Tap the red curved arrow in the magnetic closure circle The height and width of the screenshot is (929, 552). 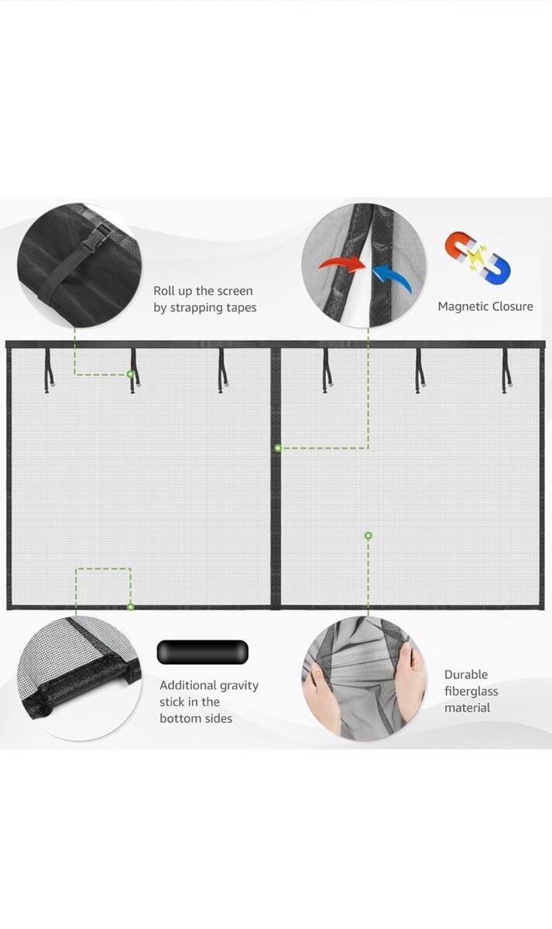pos(342,264)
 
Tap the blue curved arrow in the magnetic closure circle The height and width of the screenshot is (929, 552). pos(392,278)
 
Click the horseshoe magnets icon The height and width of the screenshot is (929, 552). pos(477,257)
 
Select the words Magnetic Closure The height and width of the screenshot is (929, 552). pos(485,307)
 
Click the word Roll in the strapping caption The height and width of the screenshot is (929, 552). pos(163,291)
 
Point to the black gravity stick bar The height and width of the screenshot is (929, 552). pos(203,652)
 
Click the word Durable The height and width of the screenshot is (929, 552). pos(466,675)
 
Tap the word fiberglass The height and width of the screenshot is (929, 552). pos(471,691)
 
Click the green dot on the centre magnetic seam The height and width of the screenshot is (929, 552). pos(278,448)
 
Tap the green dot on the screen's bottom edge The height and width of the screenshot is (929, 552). pos(130,607)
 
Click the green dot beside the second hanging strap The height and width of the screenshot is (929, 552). pos(130,374)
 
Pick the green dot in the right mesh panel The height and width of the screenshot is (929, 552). pos(368,536)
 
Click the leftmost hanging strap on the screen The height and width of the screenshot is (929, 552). pos(49,370)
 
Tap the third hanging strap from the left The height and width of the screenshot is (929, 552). pos(223,370)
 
